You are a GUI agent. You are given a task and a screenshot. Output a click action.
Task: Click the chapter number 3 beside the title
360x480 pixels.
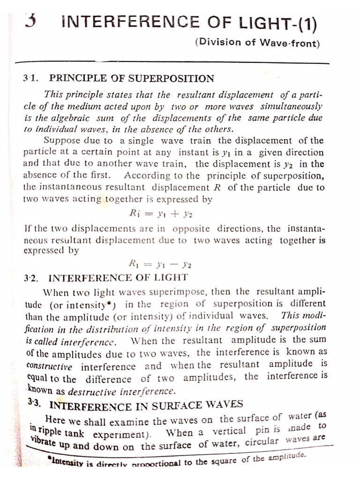tap(31, 21)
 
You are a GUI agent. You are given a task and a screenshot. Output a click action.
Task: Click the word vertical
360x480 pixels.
tap(229, 431)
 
